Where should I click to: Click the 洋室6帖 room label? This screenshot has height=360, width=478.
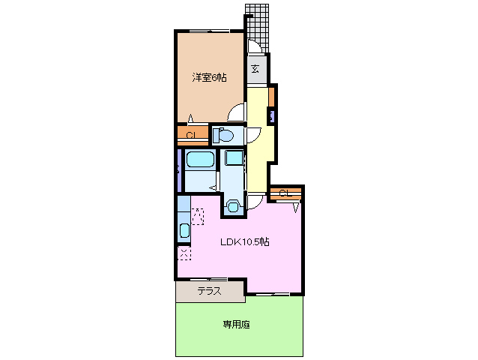209,77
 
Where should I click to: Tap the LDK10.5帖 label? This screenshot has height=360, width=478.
245,241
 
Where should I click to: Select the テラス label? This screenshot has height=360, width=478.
209,291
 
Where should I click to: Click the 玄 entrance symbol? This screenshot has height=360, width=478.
255,70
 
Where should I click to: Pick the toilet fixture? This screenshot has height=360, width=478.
223,136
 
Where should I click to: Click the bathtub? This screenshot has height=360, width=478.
200,160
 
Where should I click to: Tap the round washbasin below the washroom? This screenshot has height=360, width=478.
233,206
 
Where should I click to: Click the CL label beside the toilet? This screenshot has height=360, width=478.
191,135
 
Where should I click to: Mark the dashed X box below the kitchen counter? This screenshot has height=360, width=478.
184,253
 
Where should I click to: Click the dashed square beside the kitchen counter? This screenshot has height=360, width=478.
199,216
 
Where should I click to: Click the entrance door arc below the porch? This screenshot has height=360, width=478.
255,46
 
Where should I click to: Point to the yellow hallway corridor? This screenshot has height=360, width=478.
257,150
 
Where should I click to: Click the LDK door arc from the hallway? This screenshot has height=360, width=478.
256,199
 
